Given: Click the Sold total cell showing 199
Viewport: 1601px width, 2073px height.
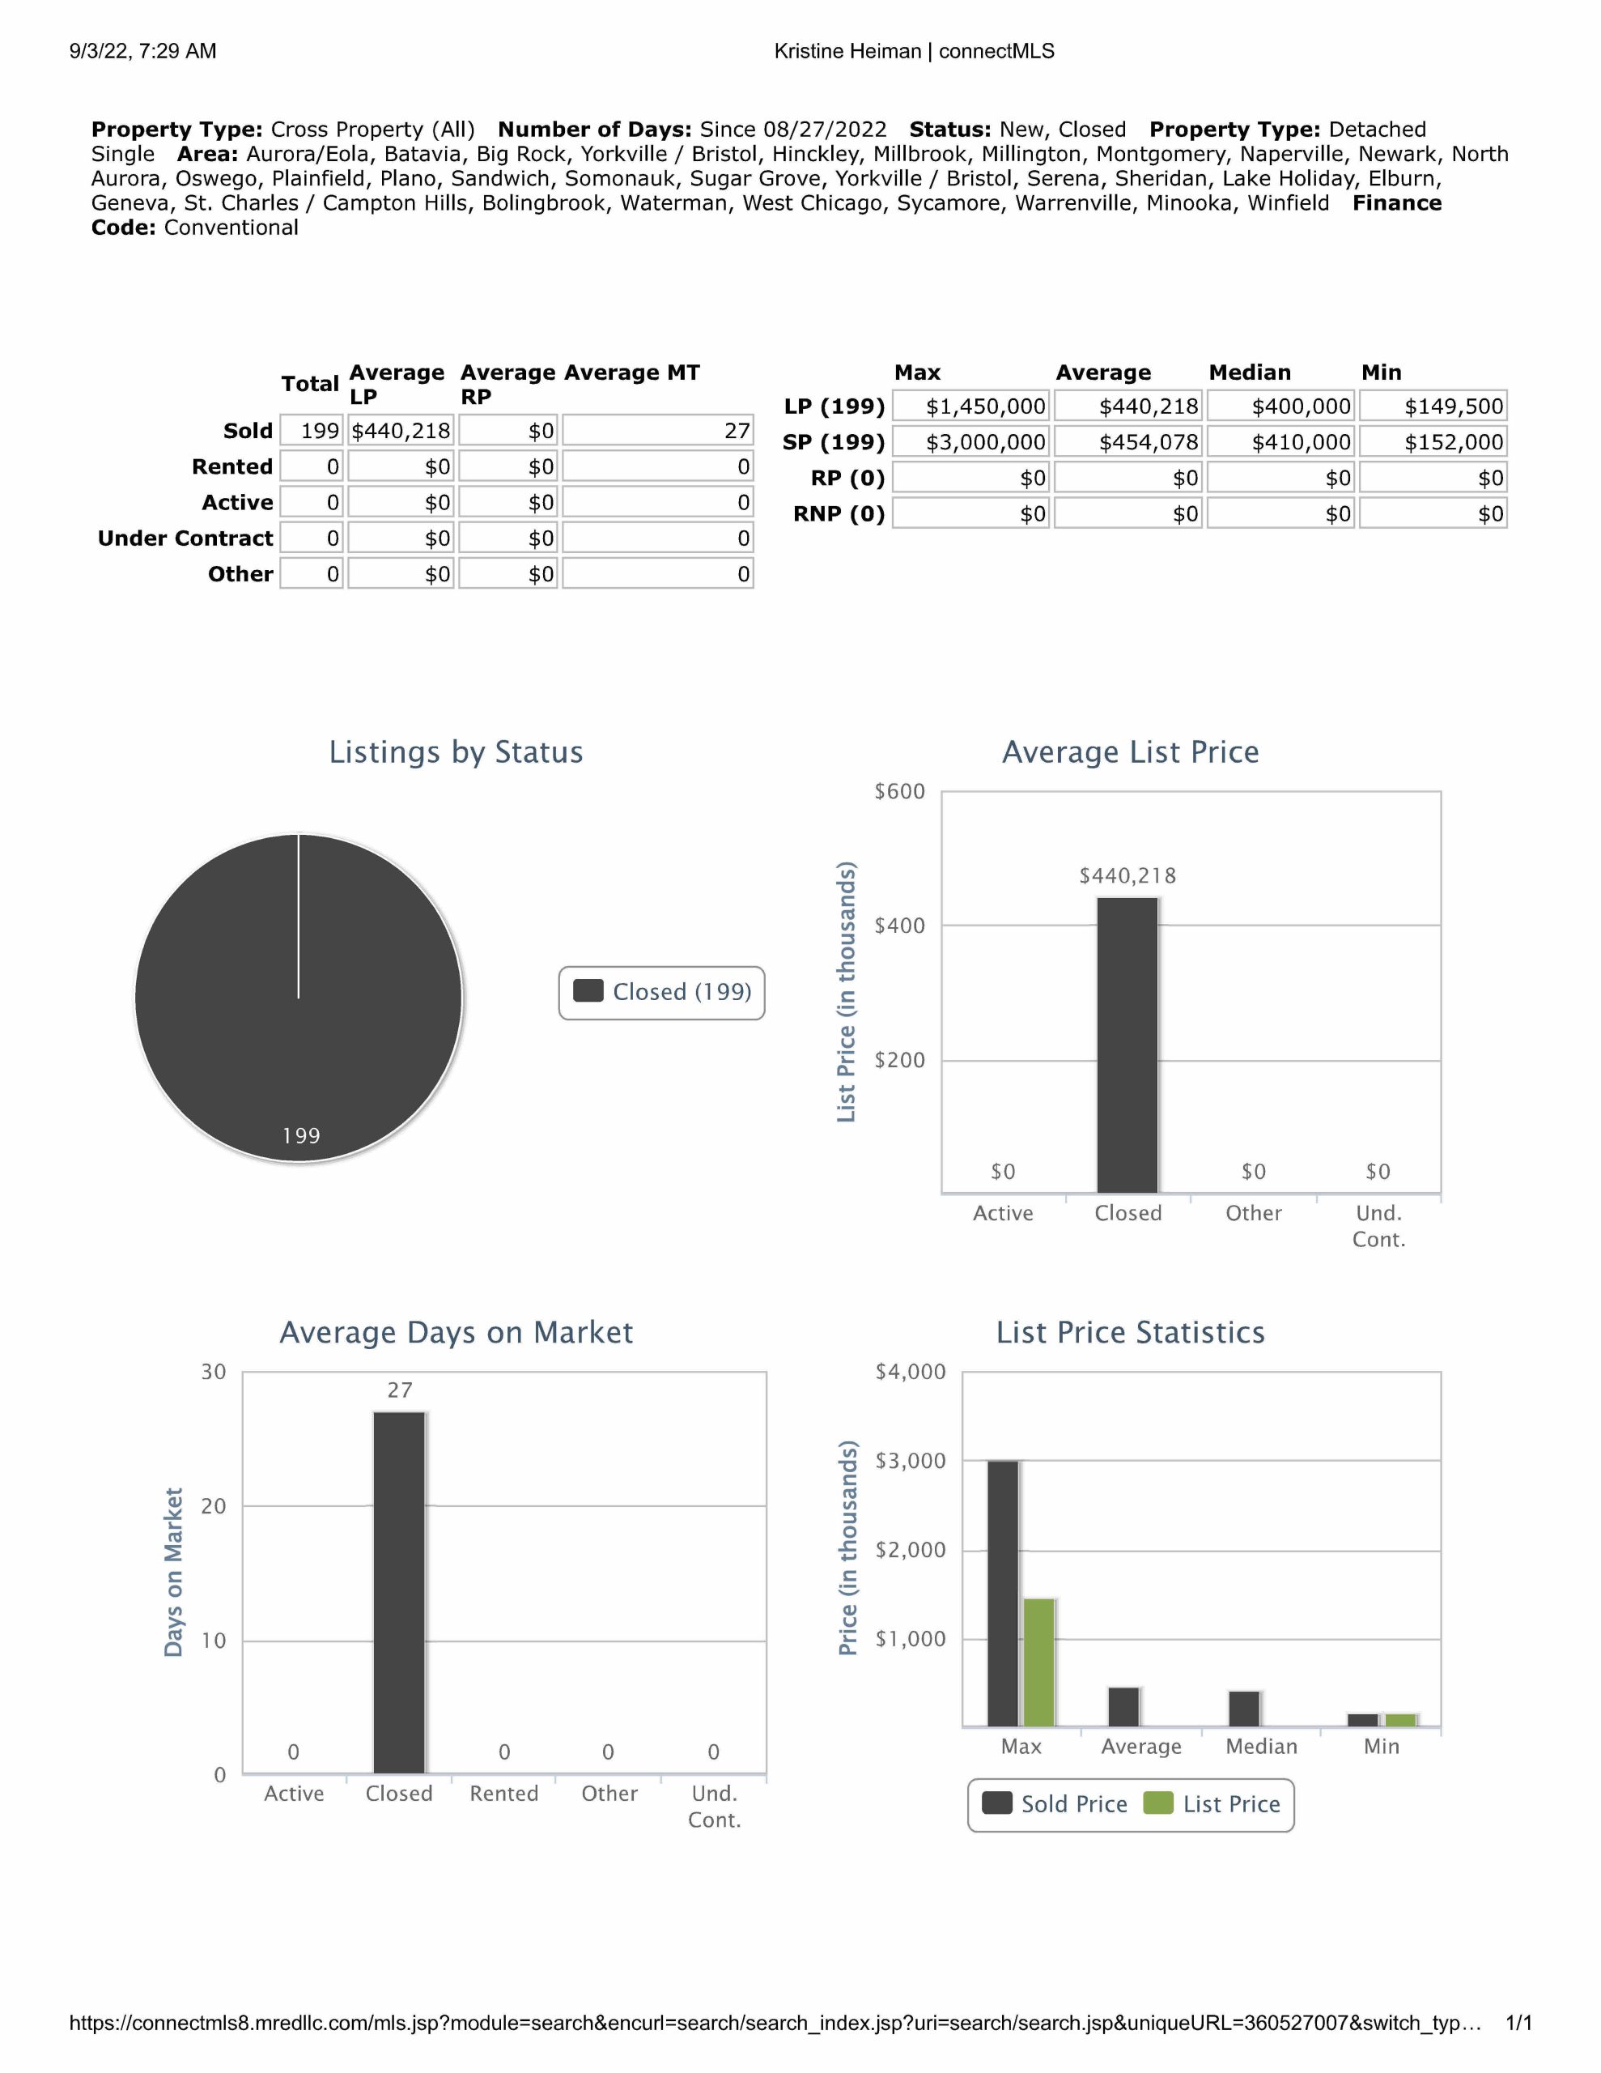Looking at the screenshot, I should (312, 431).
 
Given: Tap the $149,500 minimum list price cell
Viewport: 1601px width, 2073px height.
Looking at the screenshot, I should (1433, 407).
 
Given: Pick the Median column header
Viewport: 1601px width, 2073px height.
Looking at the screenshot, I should (1250, 372).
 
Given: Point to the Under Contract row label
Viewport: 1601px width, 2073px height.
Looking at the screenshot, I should (185, 538).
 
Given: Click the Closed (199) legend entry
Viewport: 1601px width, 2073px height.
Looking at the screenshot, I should (662, 992).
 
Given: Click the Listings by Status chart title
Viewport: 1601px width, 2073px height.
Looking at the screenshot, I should (456, 751).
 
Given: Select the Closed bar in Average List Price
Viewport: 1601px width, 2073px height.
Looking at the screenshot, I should (1127, 1044).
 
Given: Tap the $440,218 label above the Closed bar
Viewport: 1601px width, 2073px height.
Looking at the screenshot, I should (1127, 876).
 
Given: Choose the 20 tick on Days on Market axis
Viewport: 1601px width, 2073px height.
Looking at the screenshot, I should (214, 1506).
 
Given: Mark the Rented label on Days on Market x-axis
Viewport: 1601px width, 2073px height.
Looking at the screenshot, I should (504, 1793).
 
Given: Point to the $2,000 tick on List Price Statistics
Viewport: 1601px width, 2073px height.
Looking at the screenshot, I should (910, 1550).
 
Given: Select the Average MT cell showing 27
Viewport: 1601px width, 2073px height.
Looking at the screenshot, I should (658, 431).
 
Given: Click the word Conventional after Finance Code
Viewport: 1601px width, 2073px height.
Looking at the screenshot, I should (231, 228).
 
